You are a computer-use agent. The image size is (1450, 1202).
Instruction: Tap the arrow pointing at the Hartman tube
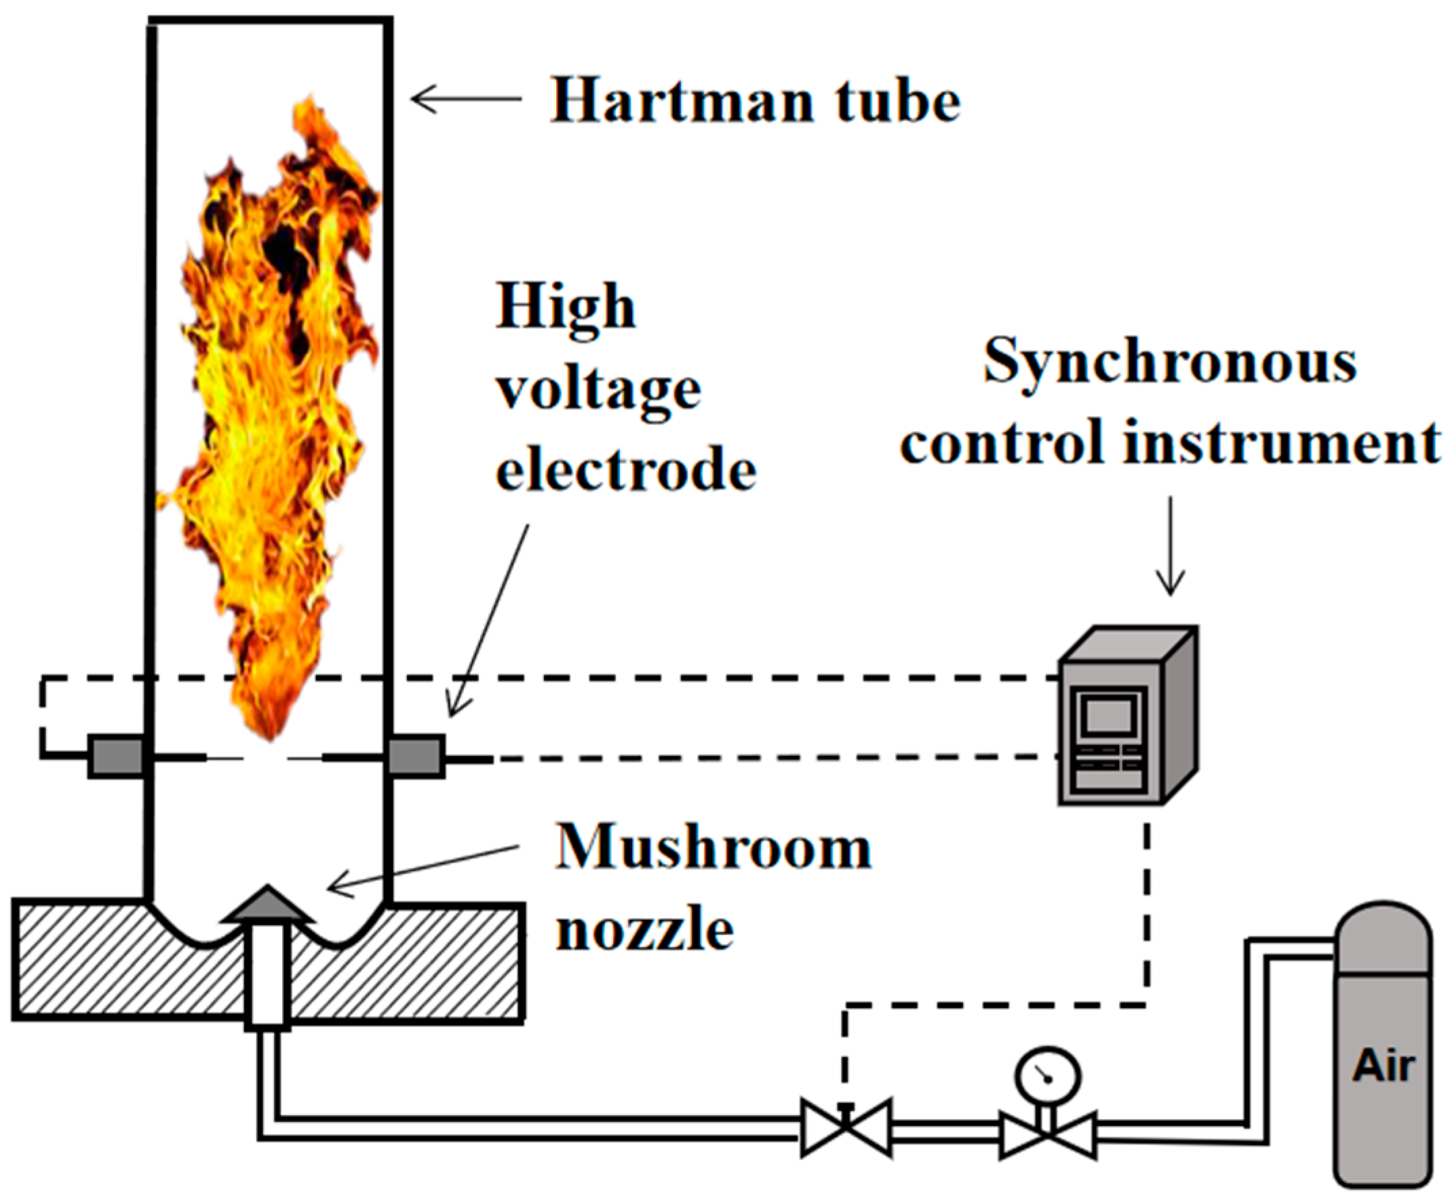coord(467,99)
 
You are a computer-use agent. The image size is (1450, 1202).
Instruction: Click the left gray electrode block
coord(115,757)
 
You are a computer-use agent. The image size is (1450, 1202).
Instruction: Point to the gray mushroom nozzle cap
coord(267,905)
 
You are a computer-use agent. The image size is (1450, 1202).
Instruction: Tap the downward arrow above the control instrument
coord(1170,546)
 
